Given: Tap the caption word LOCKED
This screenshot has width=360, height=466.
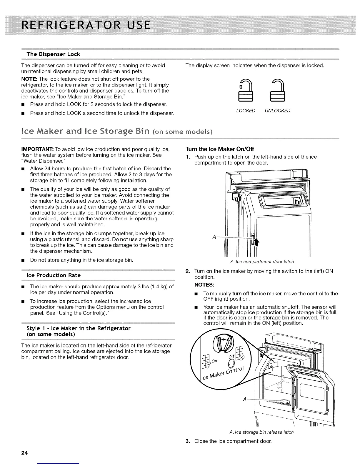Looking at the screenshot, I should click(x=246, y=111).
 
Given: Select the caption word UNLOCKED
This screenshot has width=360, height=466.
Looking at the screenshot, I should click(x=277, y=111).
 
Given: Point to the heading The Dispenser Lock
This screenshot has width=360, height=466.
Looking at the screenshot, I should click(x=53, y=54).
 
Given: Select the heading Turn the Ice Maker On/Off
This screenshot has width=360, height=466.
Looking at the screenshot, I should click(x=219, y=149).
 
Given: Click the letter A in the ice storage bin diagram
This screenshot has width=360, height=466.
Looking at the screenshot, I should click(x=244, y=399).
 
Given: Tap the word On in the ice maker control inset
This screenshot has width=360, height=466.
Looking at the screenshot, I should click(x=214, y=361).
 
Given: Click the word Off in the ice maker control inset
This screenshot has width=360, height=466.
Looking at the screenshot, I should click(x=231, y=357).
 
